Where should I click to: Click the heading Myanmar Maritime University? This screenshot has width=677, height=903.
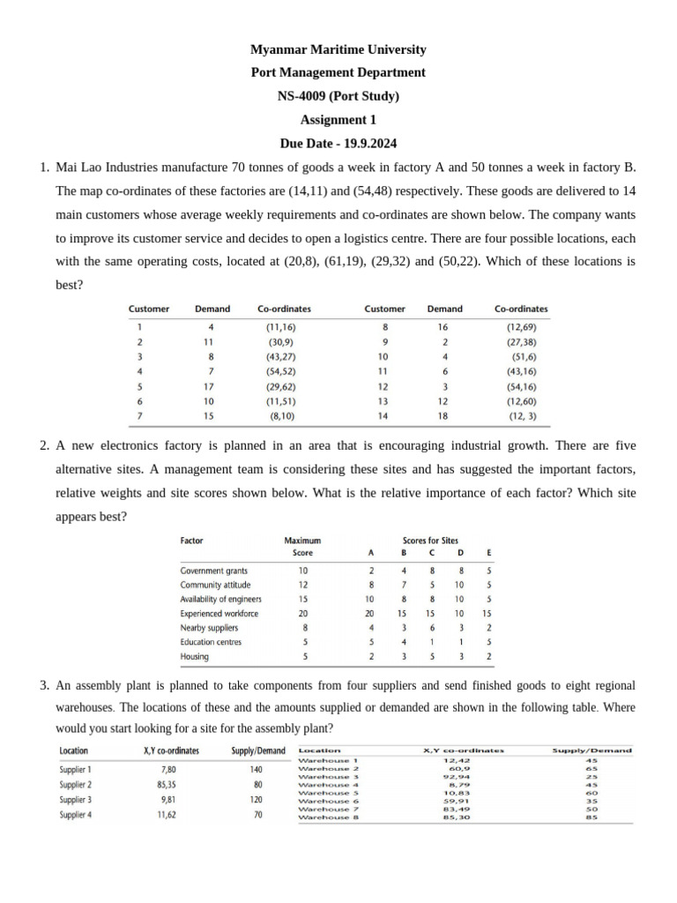(338, 49)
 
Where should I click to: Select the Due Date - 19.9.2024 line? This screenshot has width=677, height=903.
(338, 142)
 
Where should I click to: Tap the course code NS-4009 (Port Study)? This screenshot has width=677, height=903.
(338, 96)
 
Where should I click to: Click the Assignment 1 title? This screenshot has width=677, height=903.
(338, 119)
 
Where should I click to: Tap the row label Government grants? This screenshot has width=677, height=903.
(213, 571)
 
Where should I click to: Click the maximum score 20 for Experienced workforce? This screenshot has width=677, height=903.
(303, 613)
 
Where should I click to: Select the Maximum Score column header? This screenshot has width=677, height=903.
(302, 546)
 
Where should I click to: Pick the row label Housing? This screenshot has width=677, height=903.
(195, 656)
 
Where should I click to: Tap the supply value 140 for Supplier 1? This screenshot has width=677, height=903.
(257, 769)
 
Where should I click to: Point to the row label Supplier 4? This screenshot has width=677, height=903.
(76, 814)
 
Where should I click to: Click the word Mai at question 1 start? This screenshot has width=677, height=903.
(68, 167)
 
